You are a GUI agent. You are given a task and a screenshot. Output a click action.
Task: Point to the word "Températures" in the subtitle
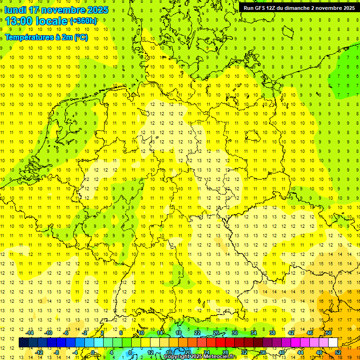tap(29, 37)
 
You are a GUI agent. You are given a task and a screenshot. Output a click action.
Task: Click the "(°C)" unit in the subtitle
tap(80, 37)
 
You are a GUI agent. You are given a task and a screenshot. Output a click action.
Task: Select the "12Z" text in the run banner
tap(273, 8)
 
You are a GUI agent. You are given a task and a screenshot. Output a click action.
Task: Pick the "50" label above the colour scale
tap(329, 333)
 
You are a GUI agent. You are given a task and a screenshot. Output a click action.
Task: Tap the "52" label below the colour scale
tap(338, 352)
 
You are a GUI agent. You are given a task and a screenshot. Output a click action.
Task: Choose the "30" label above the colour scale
tap(235, 333)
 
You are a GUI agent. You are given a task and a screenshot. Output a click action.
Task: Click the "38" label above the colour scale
tap(272, 333)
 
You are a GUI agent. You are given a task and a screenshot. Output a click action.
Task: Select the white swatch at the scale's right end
tap(333, 343)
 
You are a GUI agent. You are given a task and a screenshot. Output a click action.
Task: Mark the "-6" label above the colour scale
tap(67, 333)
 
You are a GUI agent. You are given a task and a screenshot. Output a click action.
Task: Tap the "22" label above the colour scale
tap(197, 333)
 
